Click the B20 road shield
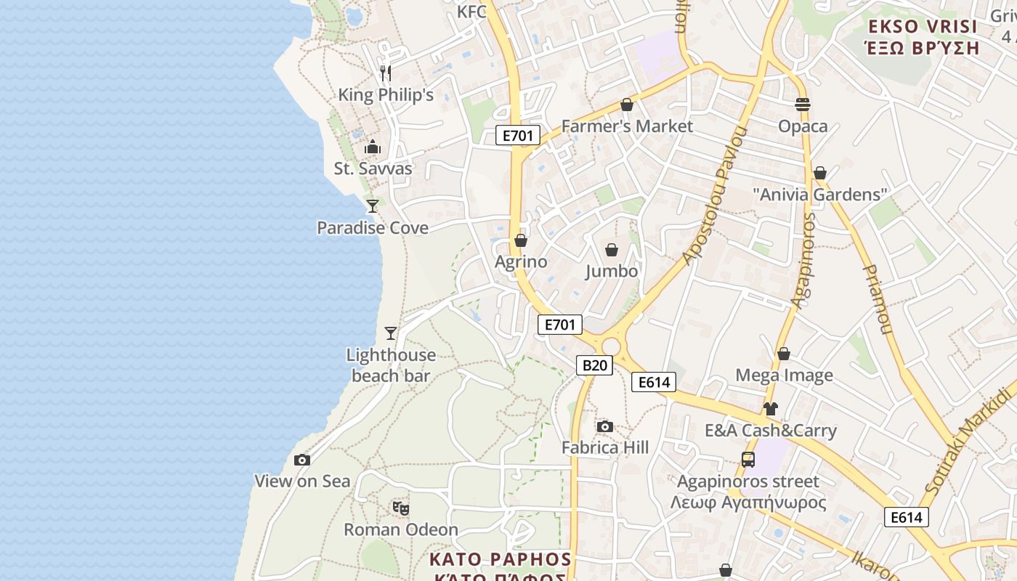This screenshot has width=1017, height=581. pos(594,365)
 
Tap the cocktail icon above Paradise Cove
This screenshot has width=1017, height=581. pos(373,206)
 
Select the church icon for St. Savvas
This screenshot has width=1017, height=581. pos(373,147)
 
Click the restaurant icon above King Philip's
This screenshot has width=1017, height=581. pos(386,73)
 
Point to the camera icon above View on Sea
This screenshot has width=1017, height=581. pos(302,460)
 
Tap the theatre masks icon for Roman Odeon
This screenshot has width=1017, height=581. pos(400,508)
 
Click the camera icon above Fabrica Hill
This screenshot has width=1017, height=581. pos(604,426)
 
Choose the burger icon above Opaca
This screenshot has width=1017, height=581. pos(803,105)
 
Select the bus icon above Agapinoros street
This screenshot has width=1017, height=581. pos(748,460)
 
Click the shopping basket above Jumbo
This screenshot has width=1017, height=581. pos(612,250)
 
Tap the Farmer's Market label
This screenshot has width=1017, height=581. pos(627,126)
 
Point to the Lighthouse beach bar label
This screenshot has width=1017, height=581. pos(391,365)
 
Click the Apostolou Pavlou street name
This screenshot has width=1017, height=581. pos(716,195)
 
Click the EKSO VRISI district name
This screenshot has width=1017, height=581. pos(923,28)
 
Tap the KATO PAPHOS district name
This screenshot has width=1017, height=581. pos(500,559)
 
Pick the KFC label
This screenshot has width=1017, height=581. pos(471,12)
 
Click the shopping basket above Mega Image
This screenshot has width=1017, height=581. pos(784,354)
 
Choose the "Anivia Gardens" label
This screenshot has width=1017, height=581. pos(820,195)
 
